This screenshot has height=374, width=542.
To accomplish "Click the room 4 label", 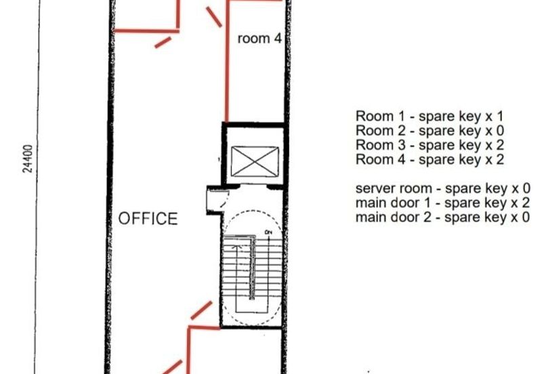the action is click(259, 39).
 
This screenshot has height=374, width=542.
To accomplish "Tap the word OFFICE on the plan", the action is click(148, 219).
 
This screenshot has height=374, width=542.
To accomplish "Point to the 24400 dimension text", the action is click(28, 159).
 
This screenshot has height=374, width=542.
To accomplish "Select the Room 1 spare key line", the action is click(430, 117).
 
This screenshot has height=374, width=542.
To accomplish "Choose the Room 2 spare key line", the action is click(430, 131).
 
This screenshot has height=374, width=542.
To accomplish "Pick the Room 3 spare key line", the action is click(430, 145).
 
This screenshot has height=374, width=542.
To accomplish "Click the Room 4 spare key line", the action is click(430, 160).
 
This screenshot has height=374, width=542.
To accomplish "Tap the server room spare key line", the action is click(443, 189).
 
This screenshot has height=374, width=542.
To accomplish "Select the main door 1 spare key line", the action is click(443, 203).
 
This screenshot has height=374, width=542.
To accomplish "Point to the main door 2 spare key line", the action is click(443, 217).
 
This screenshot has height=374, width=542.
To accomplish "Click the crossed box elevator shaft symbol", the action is click(255, 162).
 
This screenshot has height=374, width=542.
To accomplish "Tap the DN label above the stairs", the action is click(268, 232).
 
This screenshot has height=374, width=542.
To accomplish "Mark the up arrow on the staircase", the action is click(236, 247).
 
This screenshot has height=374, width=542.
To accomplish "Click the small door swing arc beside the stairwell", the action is click(225, 199).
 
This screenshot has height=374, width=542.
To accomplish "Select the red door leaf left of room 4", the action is click(214, 17).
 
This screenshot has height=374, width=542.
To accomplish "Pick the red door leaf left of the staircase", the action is click(201, 310).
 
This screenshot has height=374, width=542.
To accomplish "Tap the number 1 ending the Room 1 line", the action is click(500, 117).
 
